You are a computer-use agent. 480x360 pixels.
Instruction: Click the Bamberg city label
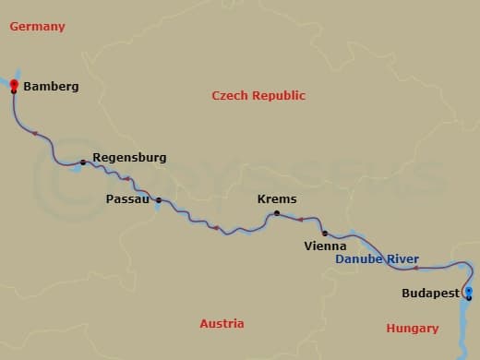tap(51, 87)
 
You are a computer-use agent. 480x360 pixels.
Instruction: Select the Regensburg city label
tap(129, 158)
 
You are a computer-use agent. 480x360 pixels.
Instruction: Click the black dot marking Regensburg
tap(83, 162)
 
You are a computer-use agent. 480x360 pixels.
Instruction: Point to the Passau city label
tap(126, 199)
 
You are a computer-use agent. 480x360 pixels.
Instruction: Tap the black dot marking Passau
tap(159, 200)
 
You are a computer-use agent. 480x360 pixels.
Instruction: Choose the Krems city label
tap(276, 199)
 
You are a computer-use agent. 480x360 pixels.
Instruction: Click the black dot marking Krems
tap(275, 214)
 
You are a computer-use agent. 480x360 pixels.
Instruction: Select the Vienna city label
tap(325, 246)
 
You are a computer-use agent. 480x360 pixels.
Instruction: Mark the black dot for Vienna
tap(324, 233)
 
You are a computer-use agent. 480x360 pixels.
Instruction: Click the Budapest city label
tap(430, 294)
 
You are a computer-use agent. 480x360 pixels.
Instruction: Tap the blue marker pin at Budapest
tap(468, 293)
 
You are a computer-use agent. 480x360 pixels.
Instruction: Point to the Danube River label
tap(377, 259)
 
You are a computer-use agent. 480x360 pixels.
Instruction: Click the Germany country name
tap(37, 27)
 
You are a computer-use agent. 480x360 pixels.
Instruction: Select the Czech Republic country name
tap(258, 96)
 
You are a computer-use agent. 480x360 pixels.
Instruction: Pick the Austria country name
tap(222, 324)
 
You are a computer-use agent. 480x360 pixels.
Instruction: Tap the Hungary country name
tap(413, 329)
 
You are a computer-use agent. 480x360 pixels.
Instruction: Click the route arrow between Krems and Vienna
tap(300, 220)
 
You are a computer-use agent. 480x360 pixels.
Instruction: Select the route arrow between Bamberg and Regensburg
tap(36, 134)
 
